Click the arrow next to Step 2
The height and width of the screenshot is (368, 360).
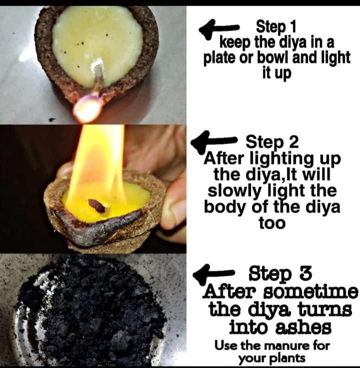[213, 140]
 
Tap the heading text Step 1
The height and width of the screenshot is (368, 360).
[276, 27]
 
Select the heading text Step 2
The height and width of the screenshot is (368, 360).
[272, 142]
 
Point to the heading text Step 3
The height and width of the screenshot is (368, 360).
[280, 273]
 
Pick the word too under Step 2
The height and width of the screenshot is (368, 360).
[272, 223]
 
